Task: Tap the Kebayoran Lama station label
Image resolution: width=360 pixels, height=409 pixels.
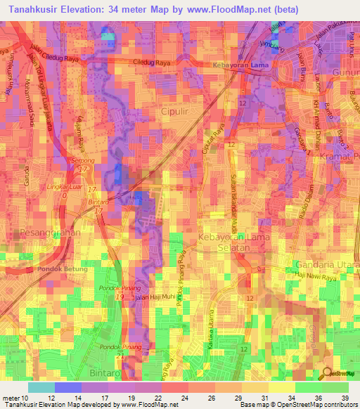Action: pyautogui.click(x=240, y=65)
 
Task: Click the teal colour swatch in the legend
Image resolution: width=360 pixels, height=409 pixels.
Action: pyautogui.click(x=41, y=387)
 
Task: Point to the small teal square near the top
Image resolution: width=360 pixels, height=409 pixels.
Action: pyautogui.click(x=108, y=36)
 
